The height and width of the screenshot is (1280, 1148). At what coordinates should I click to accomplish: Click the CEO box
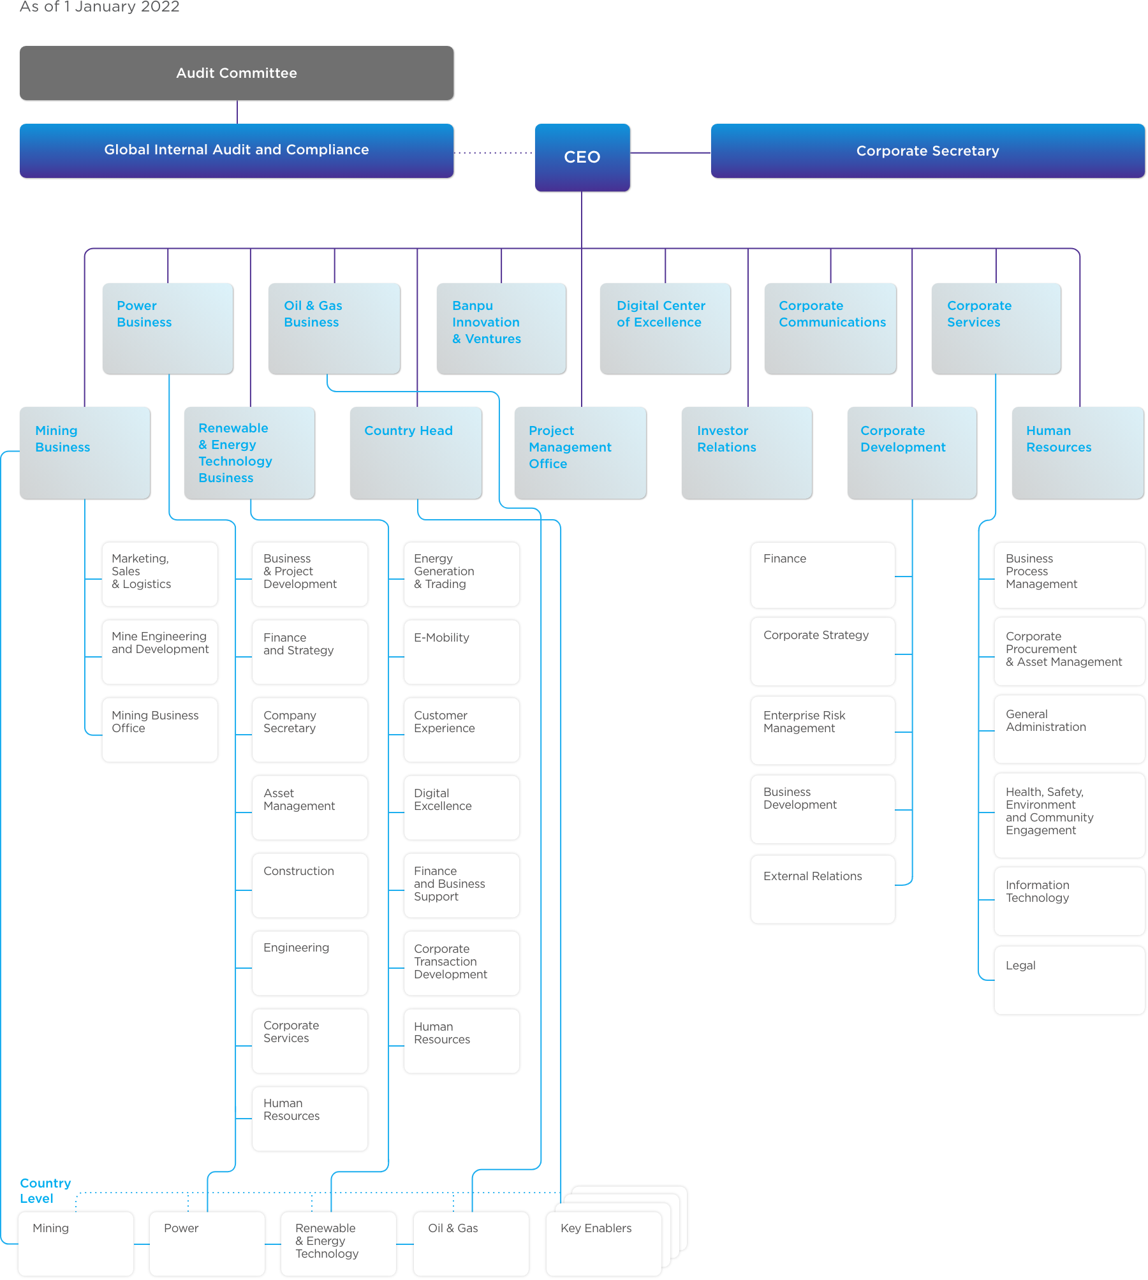coord(582,158)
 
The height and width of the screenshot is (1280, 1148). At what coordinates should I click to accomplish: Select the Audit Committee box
coord(237,73)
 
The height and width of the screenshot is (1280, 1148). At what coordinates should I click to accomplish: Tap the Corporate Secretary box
coord(927,151)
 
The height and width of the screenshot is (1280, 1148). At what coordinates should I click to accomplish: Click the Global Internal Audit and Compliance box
coord(237,151)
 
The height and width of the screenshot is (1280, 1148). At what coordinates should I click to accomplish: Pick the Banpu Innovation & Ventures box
coord(501,328)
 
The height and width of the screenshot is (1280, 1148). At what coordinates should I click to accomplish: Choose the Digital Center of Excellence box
coord(665,328)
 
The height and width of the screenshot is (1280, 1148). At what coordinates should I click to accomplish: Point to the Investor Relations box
coord(747,453)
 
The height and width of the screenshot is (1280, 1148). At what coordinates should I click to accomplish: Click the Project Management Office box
coord(580,453)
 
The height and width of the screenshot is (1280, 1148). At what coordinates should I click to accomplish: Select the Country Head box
coord(416,453)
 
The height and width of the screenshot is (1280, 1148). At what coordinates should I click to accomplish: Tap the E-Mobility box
coord(462,652)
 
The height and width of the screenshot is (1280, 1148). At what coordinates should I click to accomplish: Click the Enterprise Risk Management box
coord(822,730)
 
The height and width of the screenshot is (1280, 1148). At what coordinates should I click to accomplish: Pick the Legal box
coord(1069,980)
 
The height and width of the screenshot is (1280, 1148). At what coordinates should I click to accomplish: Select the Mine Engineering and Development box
coord(159,652)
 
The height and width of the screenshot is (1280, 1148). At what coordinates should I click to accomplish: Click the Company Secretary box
coord(310,730)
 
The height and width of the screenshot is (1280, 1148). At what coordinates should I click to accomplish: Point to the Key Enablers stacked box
coord(603,1243)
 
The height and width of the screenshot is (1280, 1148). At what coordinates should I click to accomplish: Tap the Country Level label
coord(45,1191)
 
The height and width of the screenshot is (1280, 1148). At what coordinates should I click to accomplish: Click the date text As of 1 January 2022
coord(100,7)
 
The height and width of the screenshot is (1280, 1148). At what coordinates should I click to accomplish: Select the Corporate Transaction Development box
coord(462,963)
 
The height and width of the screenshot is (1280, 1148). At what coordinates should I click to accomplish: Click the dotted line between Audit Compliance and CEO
coord(494,153)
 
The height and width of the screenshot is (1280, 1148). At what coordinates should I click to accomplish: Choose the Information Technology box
coord(1069,901)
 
